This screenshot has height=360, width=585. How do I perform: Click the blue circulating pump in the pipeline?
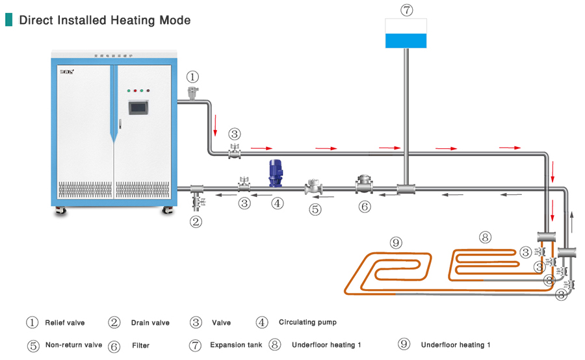[275, 174]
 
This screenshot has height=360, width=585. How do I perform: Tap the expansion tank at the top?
[406, 33]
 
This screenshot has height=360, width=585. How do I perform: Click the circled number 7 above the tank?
[406, 10]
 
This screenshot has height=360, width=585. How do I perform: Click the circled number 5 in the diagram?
[315, 209]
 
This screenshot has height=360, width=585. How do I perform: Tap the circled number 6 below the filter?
[365, 207]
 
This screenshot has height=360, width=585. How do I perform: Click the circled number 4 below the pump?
[278, 203]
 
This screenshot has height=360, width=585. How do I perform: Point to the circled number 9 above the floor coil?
[396, 243]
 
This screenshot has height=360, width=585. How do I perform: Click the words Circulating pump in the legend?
[307, 322]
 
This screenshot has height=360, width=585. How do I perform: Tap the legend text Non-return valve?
[73, 344]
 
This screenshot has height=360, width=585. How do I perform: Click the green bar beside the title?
[9, 19]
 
